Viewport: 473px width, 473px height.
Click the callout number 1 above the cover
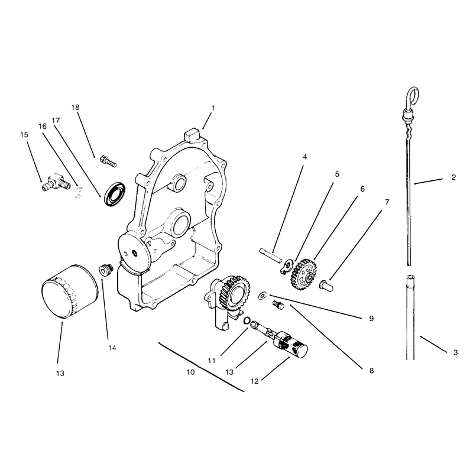pyautogui.click(x=213, y=108)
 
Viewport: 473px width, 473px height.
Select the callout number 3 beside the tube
pyautogui.click(x=455, y=352)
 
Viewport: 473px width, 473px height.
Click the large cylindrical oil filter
pyautogui.click(x=69, y=291)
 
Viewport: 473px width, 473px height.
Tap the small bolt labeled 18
pyautogui.click(x=108, y=161)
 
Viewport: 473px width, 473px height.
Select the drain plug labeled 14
pyautogui.click(x=106, y=270)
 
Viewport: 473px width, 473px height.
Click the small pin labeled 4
pyautogui.click(x=271, y=255)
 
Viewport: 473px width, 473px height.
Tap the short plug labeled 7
pyautogui.click(x=326, y=286)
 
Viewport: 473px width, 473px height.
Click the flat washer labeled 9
pyautogui.click(x=262, y=296)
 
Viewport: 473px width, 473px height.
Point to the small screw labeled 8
pyautogui.click(x=278, y=305)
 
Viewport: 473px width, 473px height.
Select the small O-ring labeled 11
pyautogui.click(x=247, y=320)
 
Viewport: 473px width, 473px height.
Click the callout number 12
pyautogui.click(x=255, y=381)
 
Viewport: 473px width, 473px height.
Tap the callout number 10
pyautogui.click(x=190, y=372)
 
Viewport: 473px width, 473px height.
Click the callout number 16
pyautogui.click(x=43, y=127)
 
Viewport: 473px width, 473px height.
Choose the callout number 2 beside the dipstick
pyautogui.click(x=453, y=177)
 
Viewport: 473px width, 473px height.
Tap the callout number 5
pyautogui.click(x=337, y=174)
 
